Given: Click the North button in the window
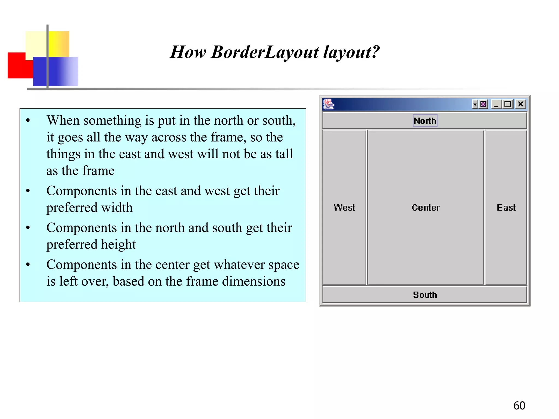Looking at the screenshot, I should coord(425,121).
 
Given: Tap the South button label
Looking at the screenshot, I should coord(425,295).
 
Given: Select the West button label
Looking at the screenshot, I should coord(344,208).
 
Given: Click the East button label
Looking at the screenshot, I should coord(506,208).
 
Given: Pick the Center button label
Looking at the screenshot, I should coord(426,208).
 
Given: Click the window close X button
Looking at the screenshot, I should coord(521,104).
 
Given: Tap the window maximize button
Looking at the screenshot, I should coord(508,104).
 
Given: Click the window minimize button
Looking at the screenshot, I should coord(496,104).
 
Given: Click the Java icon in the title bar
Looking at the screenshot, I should coord(328,104).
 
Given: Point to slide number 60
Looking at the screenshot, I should coord(519,406).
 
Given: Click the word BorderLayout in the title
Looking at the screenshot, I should coord(265,52).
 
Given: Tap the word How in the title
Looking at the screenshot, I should coord(188,52).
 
